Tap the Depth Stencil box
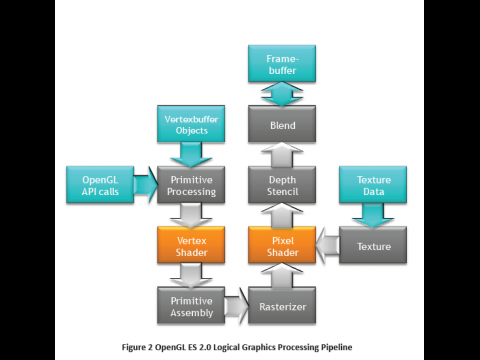(x=281, y=185)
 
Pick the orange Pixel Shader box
(x=281, y=244)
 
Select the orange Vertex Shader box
(x=190, y=244)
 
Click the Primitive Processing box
(x=190, y=185)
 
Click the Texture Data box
(x=372, y=185)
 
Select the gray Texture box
(x=372, y=244)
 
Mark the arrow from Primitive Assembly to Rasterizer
(x=235, y=303)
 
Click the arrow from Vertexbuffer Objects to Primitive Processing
(x=190, y=155)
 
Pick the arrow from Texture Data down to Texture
(x=372, y=214)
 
